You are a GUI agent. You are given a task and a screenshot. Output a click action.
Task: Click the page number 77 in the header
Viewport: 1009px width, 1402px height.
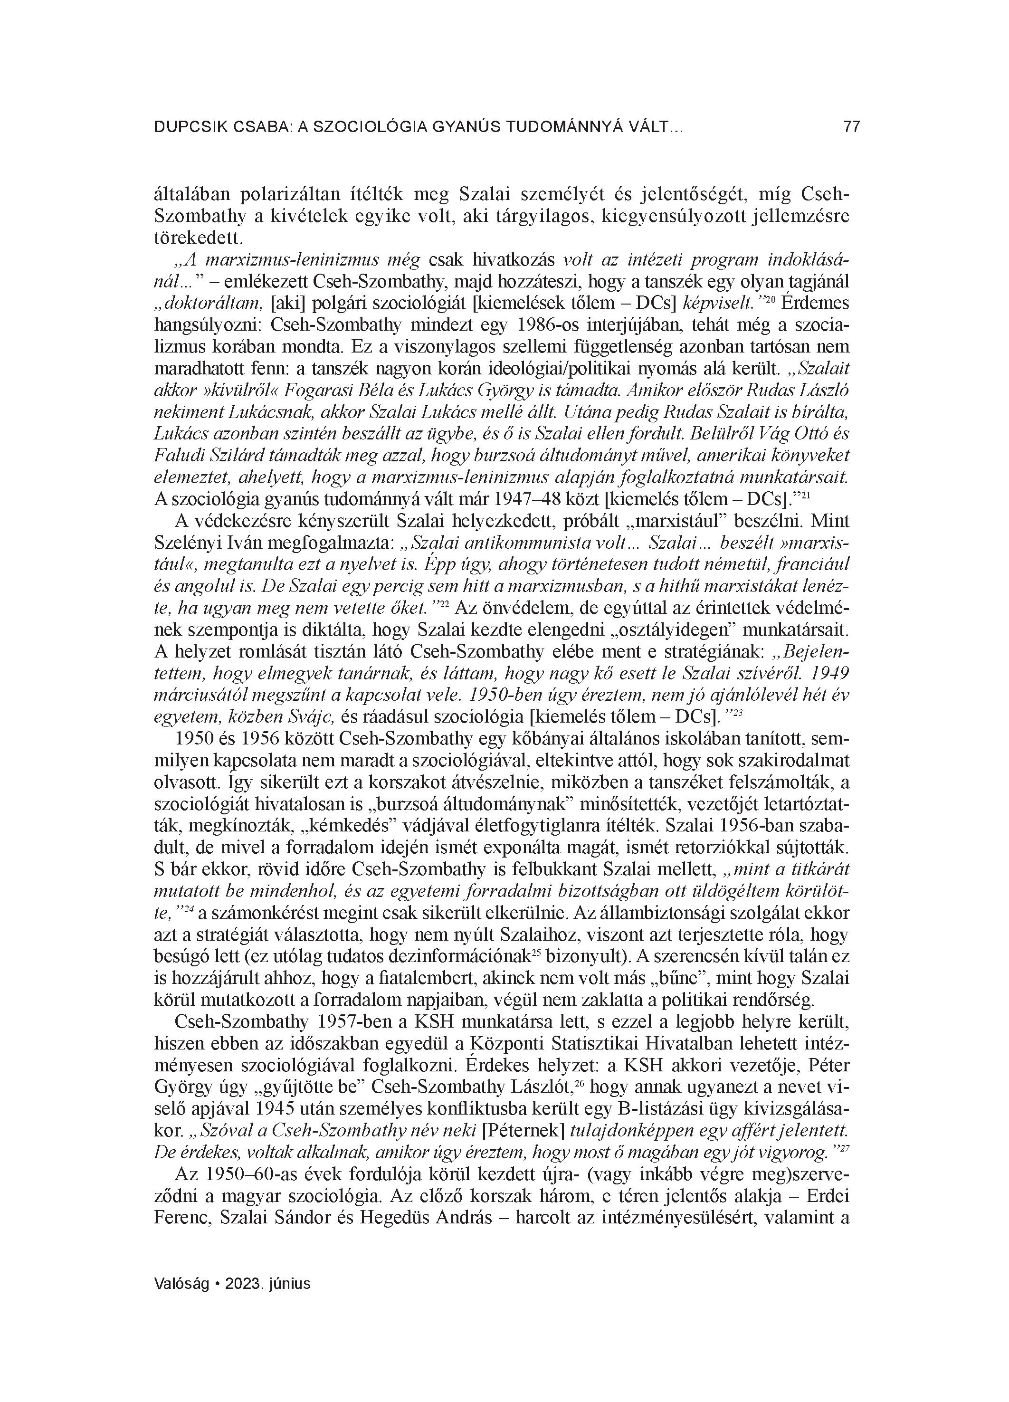[x=851, y=127]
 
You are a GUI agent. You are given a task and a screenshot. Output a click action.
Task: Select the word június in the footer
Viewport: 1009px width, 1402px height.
[x=289, y=1283]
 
